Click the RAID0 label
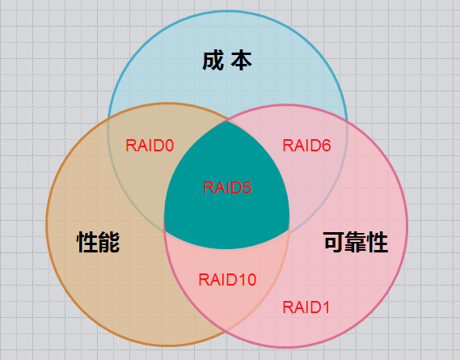pyautogui.click(x=150, y=146)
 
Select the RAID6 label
pyautogui.click(x=306, y=146)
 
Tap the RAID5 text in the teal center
pyautogui.click(x=227, y=188)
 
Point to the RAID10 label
pyautogui.click(x=227, y=280)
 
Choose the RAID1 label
pyautogui.click(x=306, y=307)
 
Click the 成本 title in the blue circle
pyautogui.click(x=227, y=61)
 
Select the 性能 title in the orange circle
pyautogui.click(x=99, y=242)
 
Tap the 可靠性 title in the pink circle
pyautogui.click(x=356, y=242)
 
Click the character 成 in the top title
pyautogui.click(x=213, y=61)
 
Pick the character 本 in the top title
pyautogui.click(x=241, y=61)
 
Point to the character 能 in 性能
pyautogui.click(x=109, y=242)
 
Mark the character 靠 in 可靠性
pyautogui.click(x=356, y=242)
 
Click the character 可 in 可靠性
pyautogui.click(x=334, y=242)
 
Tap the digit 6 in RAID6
pyautogui.click(x=327, y=146)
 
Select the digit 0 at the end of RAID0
pyautogui.click(x=169, y=146)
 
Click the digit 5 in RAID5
pyautogui.click(x=247, y=188)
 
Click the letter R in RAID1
pyautogui.click(x=288, y=307)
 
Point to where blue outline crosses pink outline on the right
pyautogui.click(x=347, y=123)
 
